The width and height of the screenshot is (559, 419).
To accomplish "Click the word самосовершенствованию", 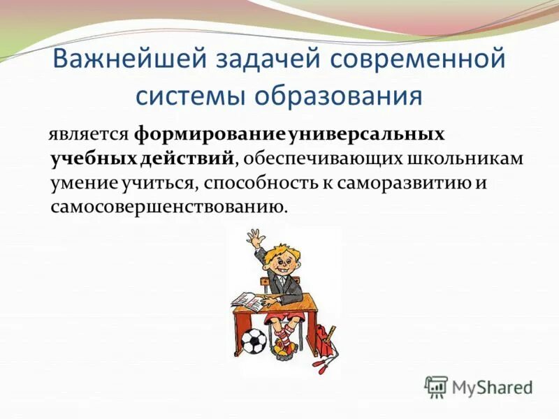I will click(168, 207).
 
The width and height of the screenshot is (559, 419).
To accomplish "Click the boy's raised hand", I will click(257, 237).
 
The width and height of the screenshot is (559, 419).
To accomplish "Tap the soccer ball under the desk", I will click(253, 342).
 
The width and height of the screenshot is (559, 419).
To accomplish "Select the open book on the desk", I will click(245, 301).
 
